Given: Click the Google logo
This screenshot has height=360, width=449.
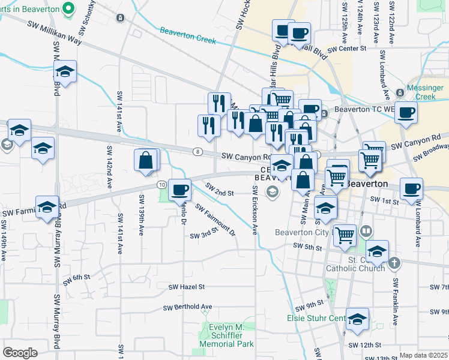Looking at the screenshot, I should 20,352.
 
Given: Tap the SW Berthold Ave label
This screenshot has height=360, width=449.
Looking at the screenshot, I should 188,307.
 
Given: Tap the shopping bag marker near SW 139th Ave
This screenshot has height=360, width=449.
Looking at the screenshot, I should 146,161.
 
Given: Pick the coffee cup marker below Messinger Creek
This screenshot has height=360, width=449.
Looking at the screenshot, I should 406,112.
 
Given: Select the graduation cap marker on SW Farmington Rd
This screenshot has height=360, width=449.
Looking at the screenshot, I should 47,208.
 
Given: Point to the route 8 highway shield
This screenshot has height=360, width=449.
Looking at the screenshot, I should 197,151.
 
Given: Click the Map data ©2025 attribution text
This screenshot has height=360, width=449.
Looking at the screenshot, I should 423,355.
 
